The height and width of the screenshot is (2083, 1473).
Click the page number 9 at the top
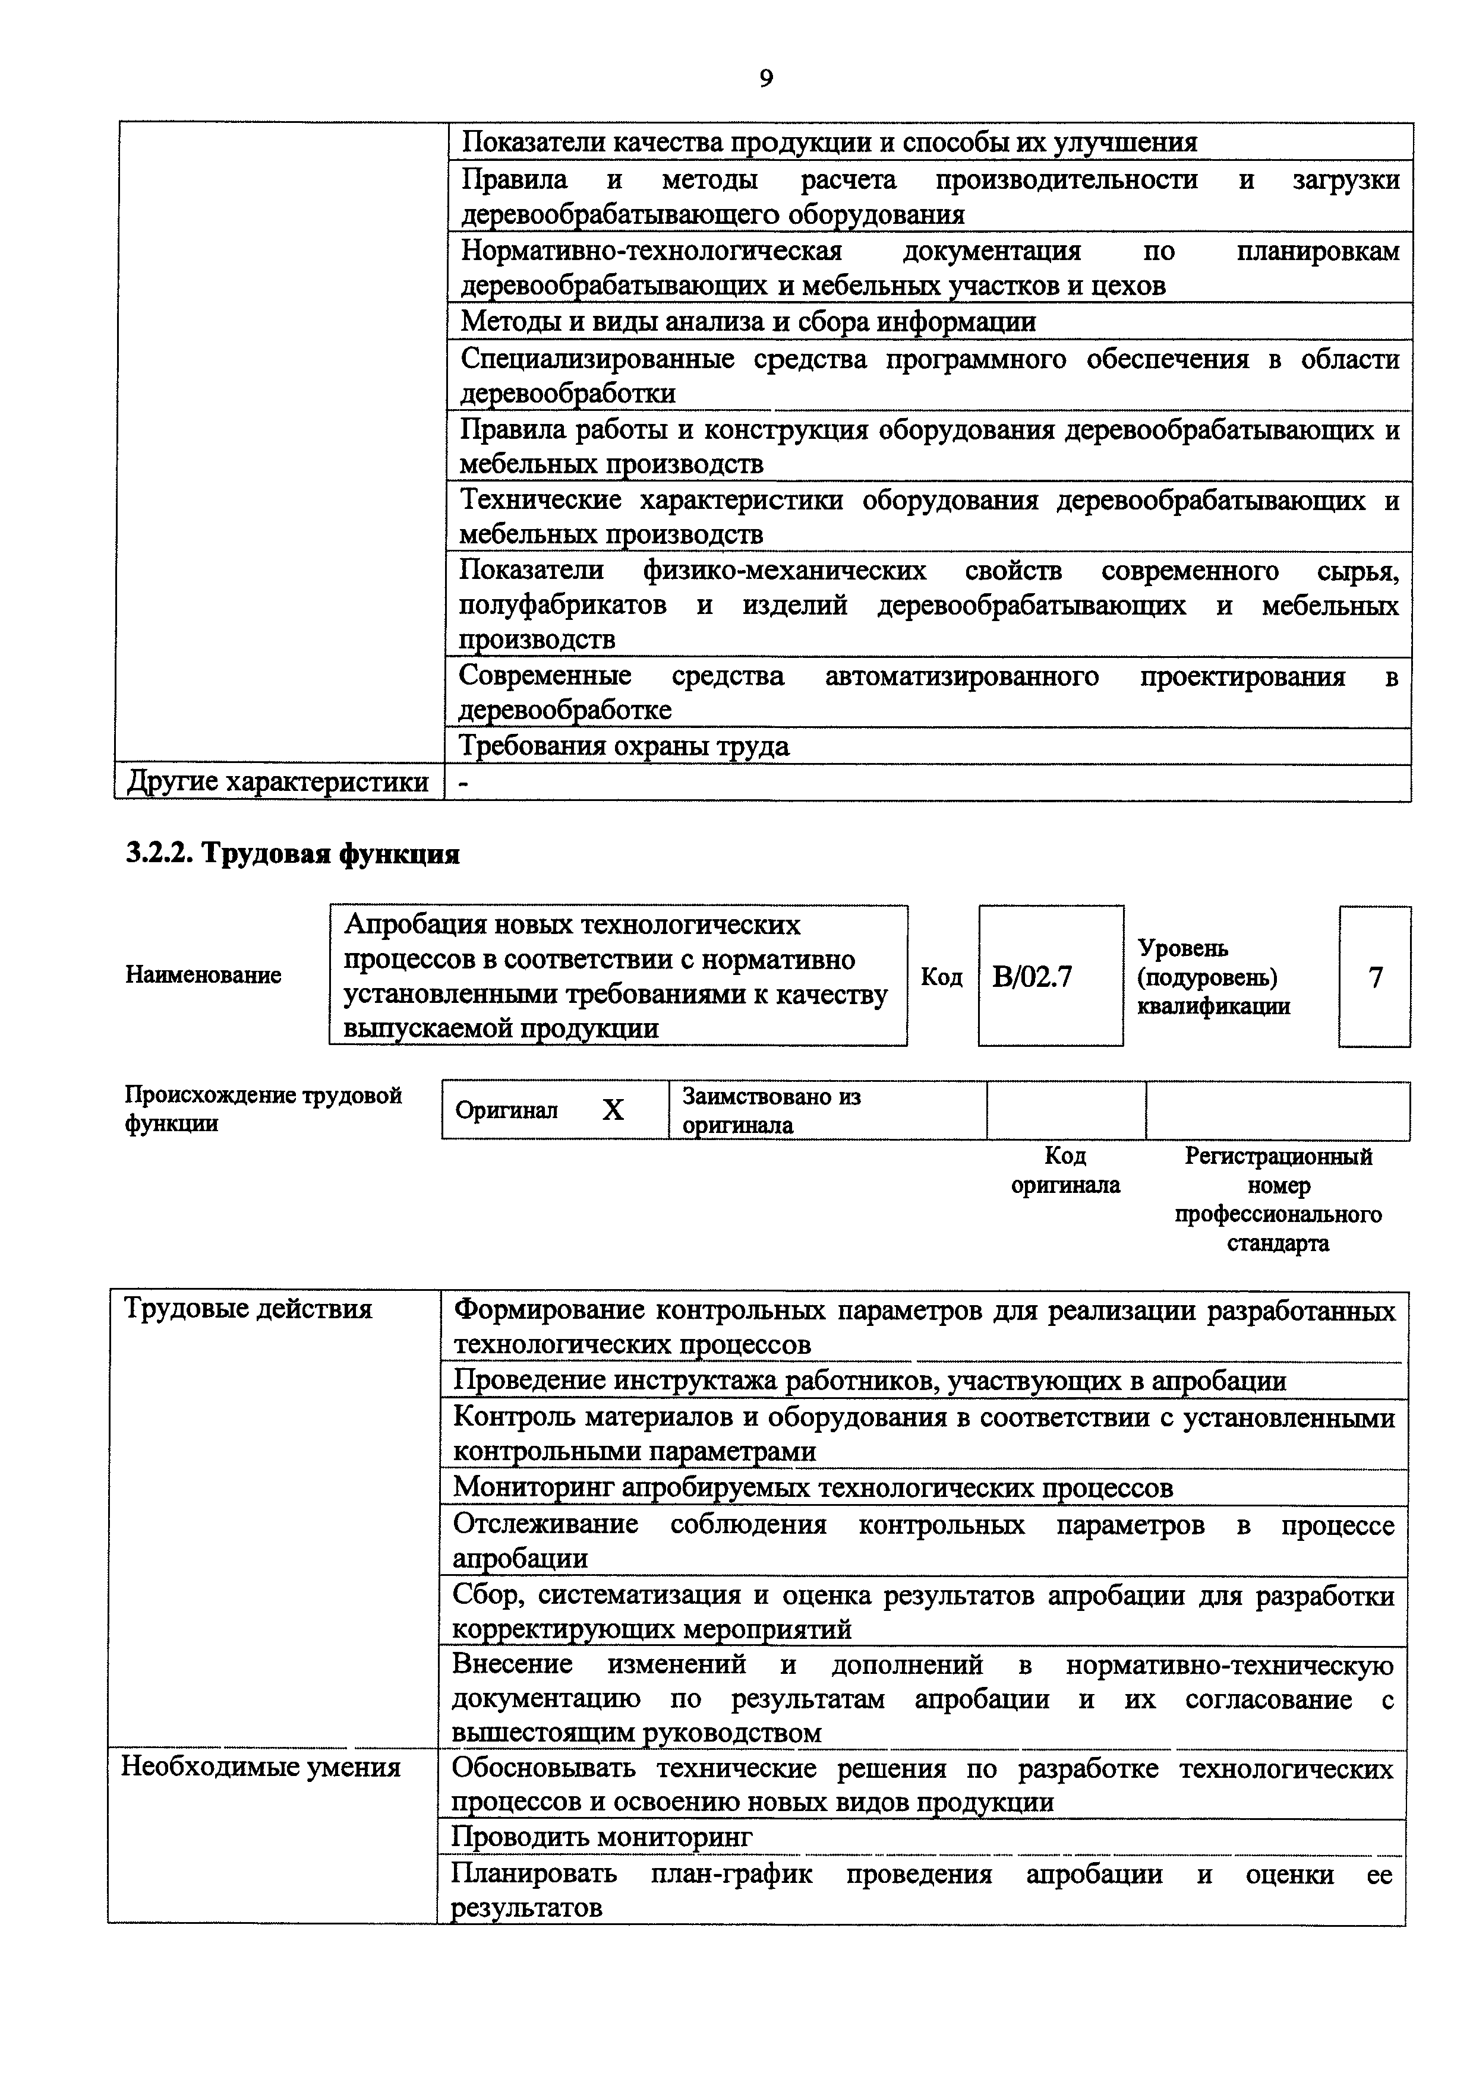coord(765,80)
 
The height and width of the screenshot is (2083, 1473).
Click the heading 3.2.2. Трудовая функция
coord(292,854)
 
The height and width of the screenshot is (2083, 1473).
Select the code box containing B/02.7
coord(1050,976)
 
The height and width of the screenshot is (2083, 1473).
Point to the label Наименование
coord(203,975)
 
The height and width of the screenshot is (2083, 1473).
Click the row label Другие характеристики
coord(277,781)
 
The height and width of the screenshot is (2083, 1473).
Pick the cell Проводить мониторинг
coord(603,1837)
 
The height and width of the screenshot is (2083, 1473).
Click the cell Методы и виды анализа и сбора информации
coord(748,322)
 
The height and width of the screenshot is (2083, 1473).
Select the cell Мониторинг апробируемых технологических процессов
coord(812,1487)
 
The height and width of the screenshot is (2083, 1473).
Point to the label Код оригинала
coord(1065,1170)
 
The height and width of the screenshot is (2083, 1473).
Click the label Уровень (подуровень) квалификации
coord(1213,976)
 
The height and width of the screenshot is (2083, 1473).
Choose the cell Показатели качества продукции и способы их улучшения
coord(829,143)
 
